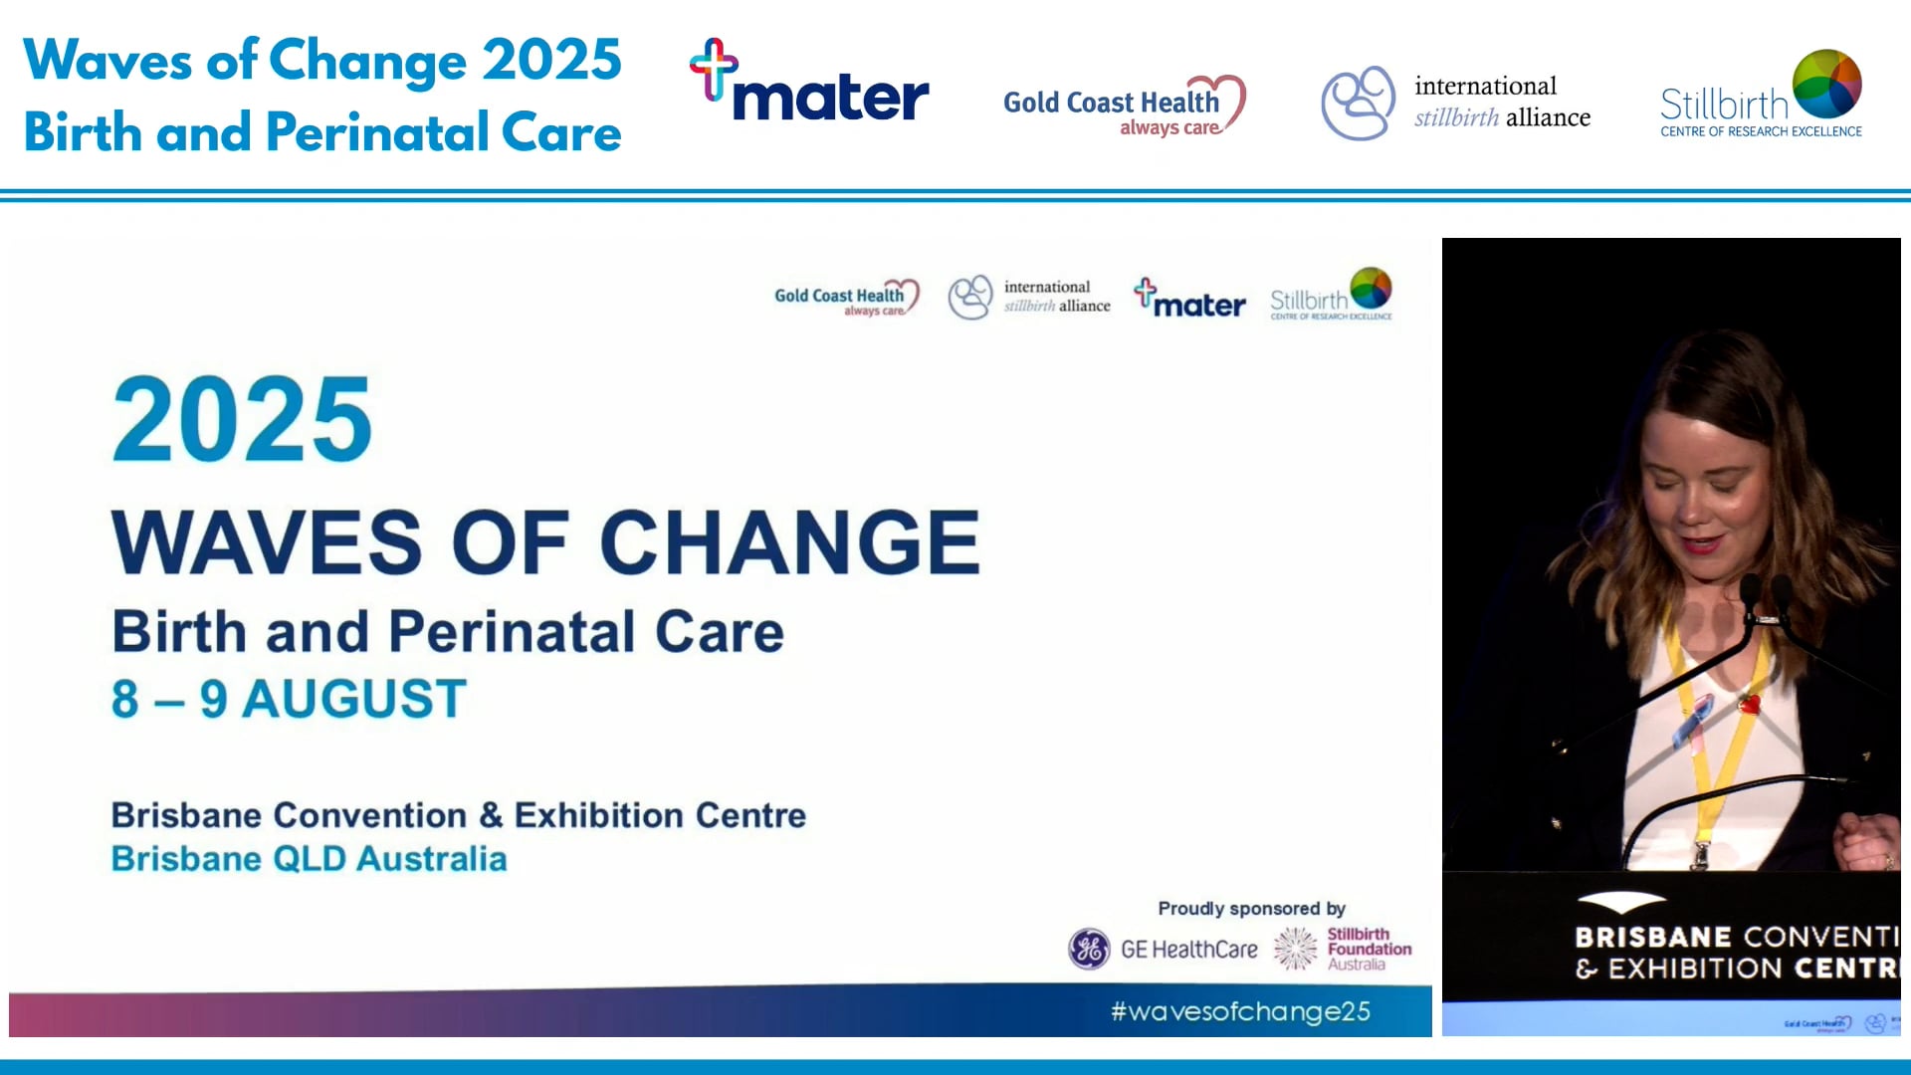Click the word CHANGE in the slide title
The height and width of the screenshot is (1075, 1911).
(x=789, y=542)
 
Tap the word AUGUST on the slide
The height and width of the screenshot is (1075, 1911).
(x=354, y=699)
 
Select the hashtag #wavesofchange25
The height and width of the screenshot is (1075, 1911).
(x=1240, y=1011)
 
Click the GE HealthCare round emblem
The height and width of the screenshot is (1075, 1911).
(x=1089, y=949)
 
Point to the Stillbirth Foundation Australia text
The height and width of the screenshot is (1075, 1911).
(x=1368, y=949)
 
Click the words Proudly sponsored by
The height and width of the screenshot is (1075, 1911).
(x=1251, y=908)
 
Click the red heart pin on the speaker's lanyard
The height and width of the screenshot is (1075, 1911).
(x=1749, y=706)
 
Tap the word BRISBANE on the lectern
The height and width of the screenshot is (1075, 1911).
(x=1653, y=937)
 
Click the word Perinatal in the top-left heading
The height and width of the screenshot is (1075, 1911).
(x=376, y=133)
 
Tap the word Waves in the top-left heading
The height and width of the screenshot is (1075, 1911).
(x=106, y=60)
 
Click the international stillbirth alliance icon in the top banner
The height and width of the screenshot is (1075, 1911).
(x=1357, y=103)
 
